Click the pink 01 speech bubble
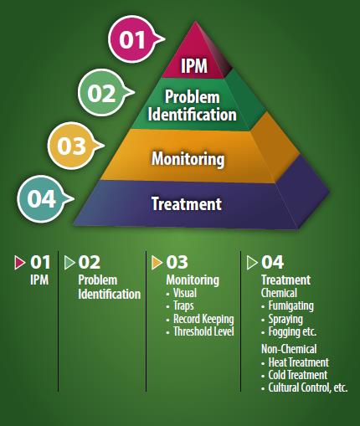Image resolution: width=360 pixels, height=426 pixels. (132, 39)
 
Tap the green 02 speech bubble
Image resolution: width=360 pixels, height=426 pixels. (102, 93)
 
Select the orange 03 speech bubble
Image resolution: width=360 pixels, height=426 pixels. (72, 146)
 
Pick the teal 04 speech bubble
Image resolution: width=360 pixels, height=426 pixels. (42, 198)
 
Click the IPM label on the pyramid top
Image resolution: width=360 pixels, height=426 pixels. (194, 66)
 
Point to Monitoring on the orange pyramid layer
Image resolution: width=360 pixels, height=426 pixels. (188, 159)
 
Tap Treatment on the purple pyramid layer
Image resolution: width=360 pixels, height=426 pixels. (187, 203)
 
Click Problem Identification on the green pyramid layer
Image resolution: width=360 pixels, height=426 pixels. (192, 105)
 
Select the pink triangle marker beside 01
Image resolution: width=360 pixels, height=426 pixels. (19, 263)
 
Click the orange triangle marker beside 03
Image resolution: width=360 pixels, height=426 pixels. (157, 263)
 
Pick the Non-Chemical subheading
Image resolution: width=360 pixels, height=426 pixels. (289, 349)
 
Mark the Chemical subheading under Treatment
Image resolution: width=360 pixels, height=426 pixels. (279, 293)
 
